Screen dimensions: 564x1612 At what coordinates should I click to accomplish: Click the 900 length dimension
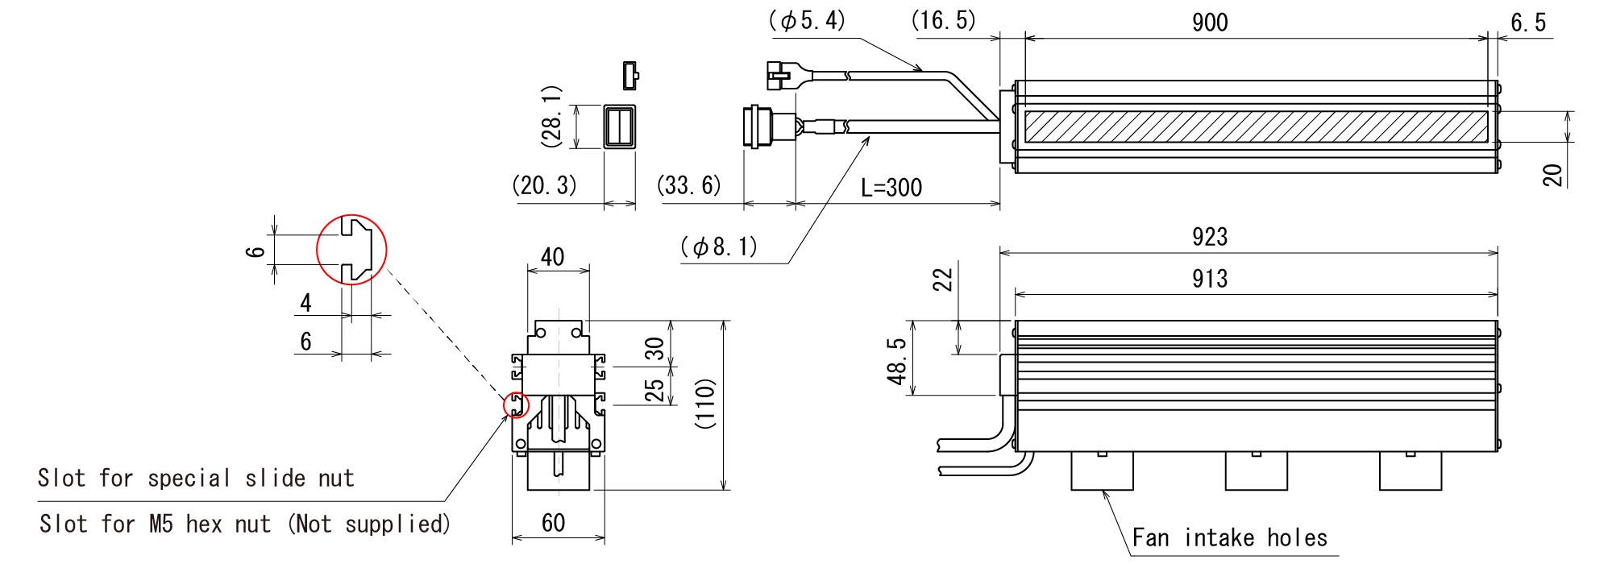pyautogui.click(x=1210, y=23)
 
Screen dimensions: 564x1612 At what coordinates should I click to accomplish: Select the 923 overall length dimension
pyautogui.click(x=1210, y=236)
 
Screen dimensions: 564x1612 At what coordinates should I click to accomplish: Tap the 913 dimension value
pyautogui.click(x=1210, y=278)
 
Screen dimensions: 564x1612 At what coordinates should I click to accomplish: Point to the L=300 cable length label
pyautogui.click(x=891, y=188)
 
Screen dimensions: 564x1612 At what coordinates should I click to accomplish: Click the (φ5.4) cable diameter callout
pyautogui.click(x=807, y=21)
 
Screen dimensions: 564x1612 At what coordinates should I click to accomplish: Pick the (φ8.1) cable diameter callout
pyautogui.click(x=719, y=247)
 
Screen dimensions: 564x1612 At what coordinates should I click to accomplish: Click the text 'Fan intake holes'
pyautogui.click(x=1229, y=537)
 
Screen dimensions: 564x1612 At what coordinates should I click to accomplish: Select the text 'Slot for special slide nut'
pyautogui.click(x=196, y=479)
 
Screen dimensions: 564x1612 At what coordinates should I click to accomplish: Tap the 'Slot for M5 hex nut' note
pyautogui.click(x=244, y=525)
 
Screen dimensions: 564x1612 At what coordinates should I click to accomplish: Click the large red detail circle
pyautogui.click(x=351, y=250)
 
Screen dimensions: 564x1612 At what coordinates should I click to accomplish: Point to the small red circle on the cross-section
pyautogui.click(x=514, y=405)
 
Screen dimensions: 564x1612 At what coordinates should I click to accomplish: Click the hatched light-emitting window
pyautogui.click(x=1256, y=127)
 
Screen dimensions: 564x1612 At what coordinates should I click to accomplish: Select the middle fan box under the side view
pyautogui.click(x=1256, y=471)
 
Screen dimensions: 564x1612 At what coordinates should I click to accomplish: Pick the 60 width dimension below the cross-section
pyautogui.click(x=553, y=524)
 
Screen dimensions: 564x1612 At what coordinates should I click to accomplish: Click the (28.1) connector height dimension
pyautogui.click(x=552, y=116)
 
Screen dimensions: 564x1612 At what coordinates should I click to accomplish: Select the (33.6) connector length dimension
pyautogui.click(x=689, y=186)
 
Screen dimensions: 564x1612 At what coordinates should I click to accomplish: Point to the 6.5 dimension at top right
pyautogui.click(x=1528, y=23)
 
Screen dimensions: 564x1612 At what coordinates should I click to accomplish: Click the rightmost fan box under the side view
pyautogui.click(x=1410, y=471)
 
